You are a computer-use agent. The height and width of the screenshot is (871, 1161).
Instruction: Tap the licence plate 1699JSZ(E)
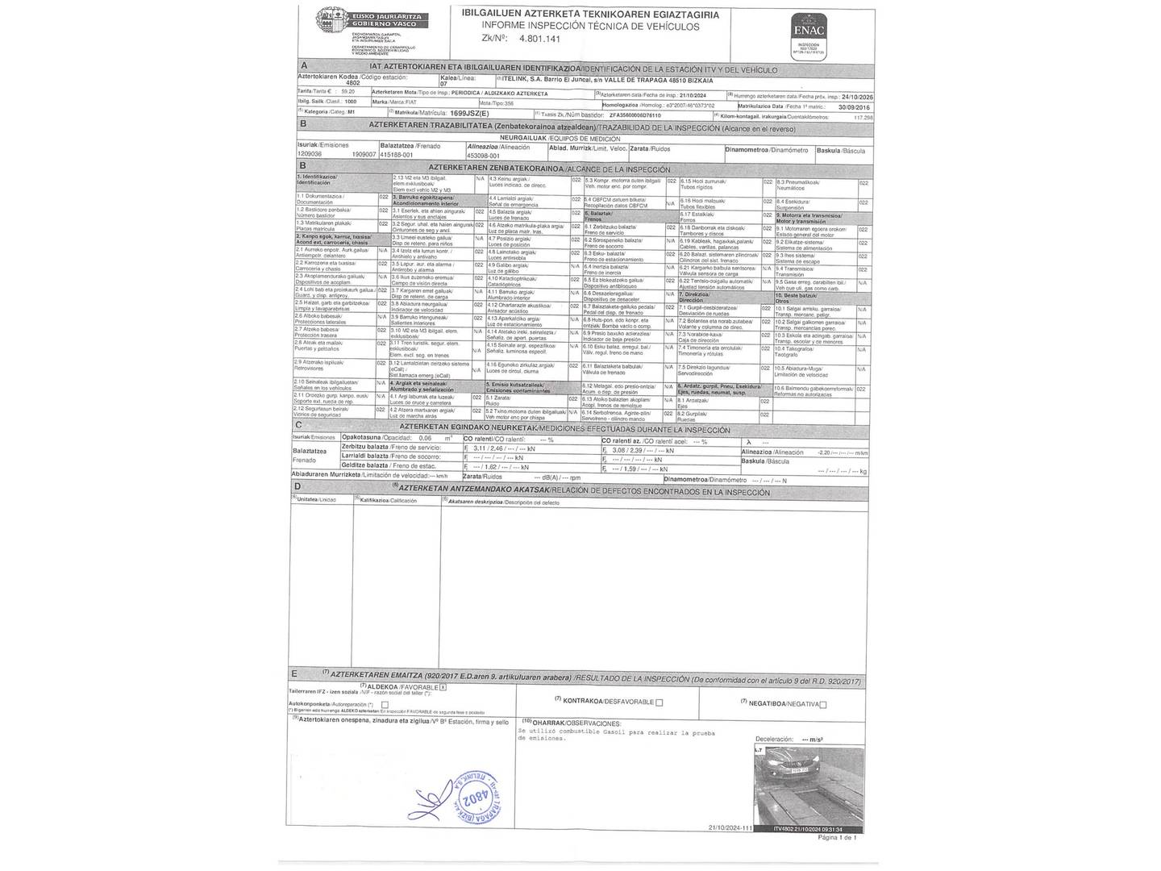(x=469, y=114)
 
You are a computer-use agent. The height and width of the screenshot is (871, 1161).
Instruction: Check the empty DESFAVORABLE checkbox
(x=659, y=702)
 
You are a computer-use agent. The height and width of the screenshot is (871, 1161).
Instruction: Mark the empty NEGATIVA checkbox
(x=822, y=704)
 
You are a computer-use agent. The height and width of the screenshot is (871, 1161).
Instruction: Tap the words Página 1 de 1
(x=836, y=838)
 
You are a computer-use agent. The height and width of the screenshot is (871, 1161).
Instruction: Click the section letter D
(x=298, y=486)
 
